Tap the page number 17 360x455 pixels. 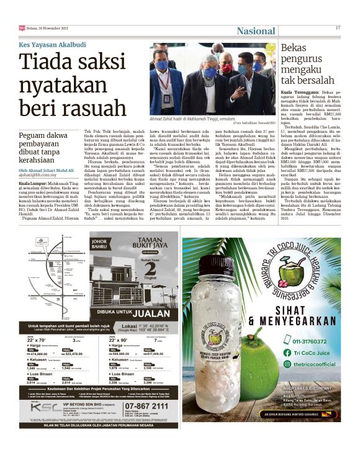coord(338,27)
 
